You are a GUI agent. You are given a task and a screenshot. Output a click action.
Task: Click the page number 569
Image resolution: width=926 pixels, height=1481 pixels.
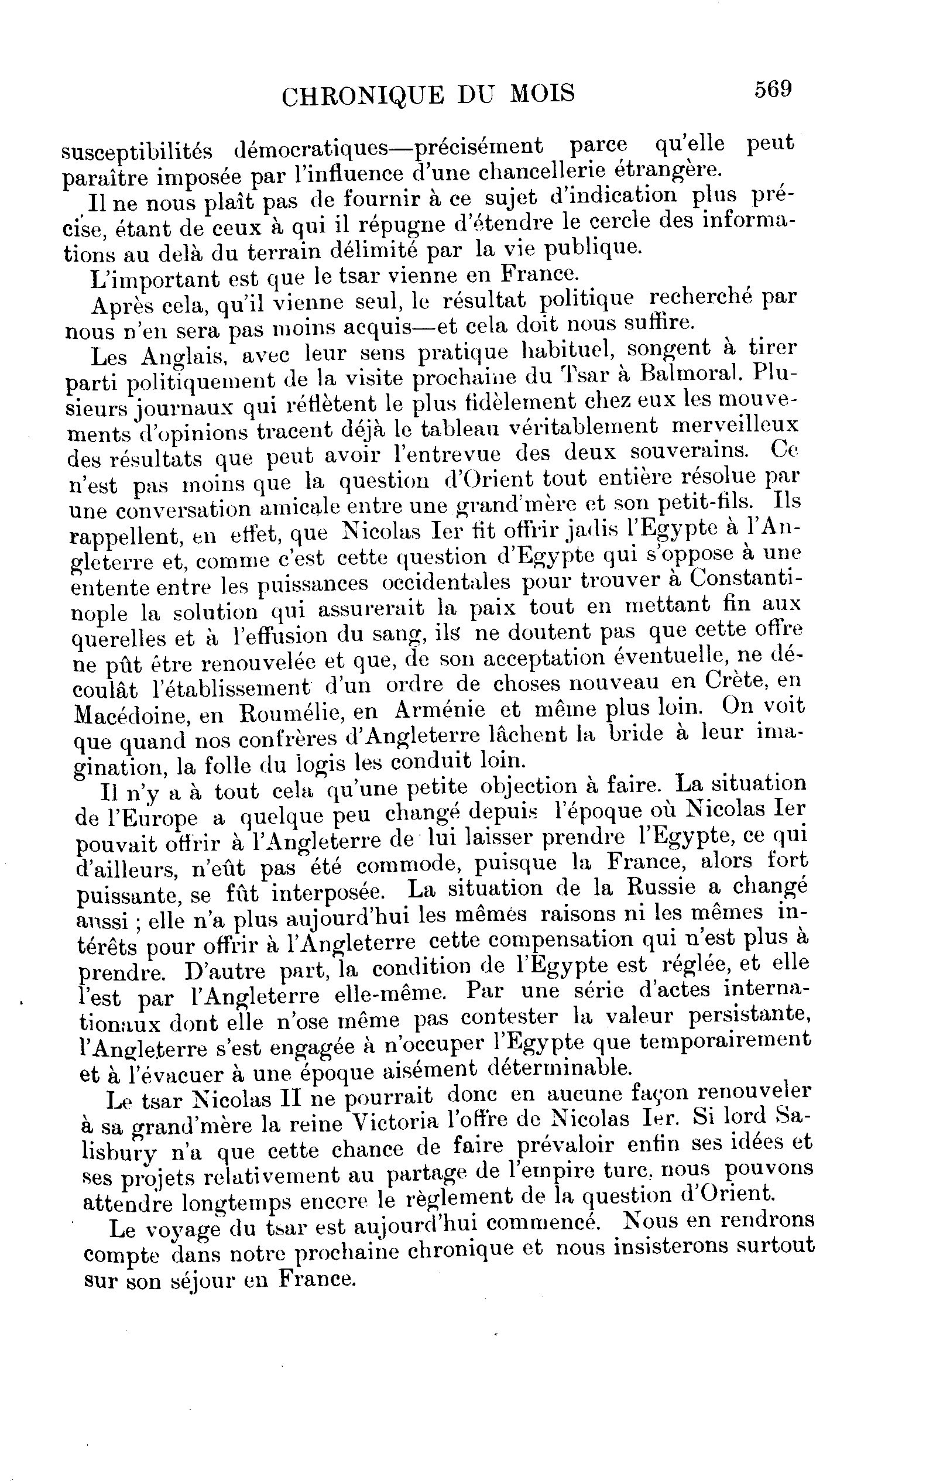(773, 90)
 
